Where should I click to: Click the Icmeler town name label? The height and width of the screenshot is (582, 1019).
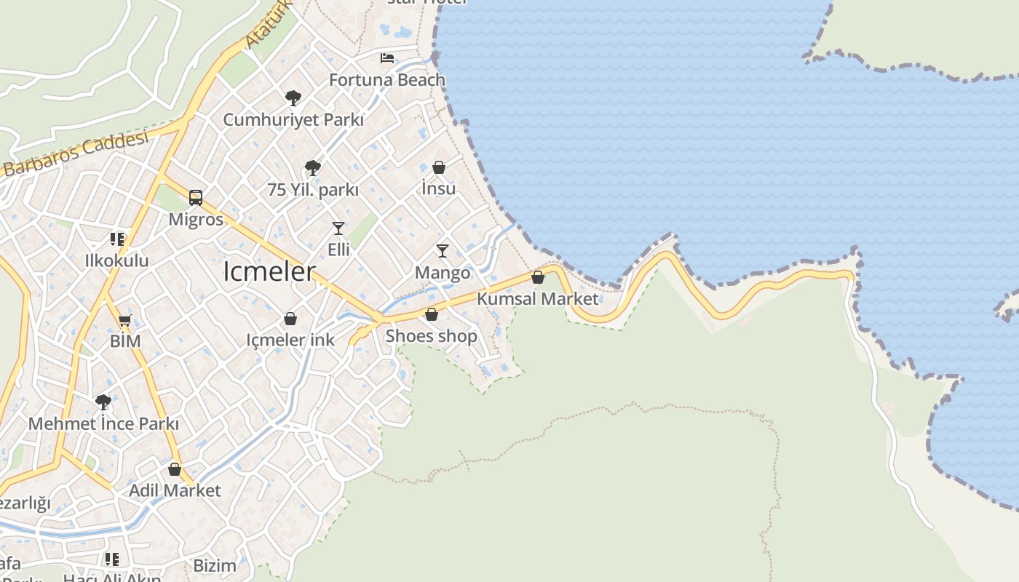269,271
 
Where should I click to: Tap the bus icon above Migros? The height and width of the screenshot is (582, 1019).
196,197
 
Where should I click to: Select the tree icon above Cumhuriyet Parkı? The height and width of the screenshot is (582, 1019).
293,97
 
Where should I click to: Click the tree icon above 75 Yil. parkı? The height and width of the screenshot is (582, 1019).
313,168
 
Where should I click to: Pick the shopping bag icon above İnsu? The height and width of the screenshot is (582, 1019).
439,167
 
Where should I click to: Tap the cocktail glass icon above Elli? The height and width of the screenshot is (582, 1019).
338,228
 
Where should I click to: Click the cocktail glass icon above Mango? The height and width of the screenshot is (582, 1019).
443,251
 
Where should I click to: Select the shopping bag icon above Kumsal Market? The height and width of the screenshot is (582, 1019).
538,277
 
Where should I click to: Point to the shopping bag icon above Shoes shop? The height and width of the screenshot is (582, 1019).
432,314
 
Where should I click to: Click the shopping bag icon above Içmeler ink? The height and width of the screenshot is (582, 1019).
290,319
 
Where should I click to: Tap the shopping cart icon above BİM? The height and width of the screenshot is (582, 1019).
125,320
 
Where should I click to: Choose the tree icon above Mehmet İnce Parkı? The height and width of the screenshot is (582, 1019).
103,402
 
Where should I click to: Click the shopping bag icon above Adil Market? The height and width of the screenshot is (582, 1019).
175,469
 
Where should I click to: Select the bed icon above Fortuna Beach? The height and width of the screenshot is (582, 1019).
387,58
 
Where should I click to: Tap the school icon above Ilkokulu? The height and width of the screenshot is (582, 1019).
116,239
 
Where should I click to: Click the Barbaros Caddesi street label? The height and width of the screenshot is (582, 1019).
76,155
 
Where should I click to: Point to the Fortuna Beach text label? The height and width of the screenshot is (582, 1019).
387,80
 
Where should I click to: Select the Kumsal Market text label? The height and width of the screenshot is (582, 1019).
538,298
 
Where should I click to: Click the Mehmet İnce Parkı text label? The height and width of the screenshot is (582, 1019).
103,423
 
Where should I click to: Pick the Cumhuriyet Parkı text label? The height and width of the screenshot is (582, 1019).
293,120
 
